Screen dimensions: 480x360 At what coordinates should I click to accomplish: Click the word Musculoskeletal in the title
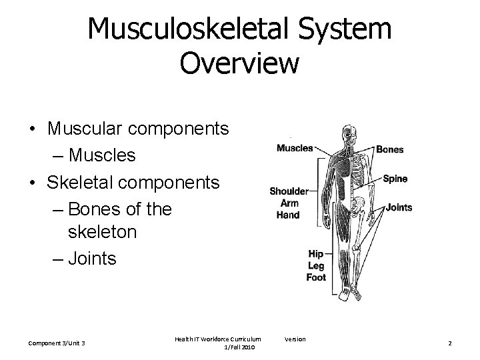coord(199,30)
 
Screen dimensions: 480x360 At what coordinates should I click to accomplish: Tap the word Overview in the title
coord(239,64)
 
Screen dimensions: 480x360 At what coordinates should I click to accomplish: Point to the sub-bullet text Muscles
coord(102,155)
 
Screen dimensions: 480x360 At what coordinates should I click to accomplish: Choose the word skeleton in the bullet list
coord(103,231)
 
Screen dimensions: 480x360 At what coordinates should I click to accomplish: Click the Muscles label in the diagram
coord(295,147)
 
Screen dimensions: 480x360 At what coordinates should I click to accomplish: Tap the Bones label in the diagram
coord(389,149)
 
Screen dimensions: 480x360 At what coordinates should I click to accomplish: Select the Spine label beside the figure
coord(395,179)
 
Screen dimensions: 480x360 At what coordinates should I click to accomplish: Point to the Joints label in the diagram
coord(399,207)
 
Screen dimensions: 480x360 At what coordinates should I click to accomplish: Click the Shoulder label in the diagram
coord(289,191)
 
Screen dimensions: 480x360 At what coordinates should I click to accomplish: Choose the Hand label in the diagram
coord(288,215)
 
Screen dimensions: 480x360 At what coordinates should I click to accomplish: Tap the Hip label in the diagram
coord(316,253)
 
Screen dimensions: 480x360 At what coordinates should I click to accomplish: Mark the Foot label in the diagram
coord(316,277)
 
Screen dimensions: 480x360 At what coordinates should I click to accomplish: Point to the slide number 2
coord(450,343)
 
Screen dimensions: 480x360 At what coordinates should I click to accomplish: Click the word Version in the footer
coord(295,339)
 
